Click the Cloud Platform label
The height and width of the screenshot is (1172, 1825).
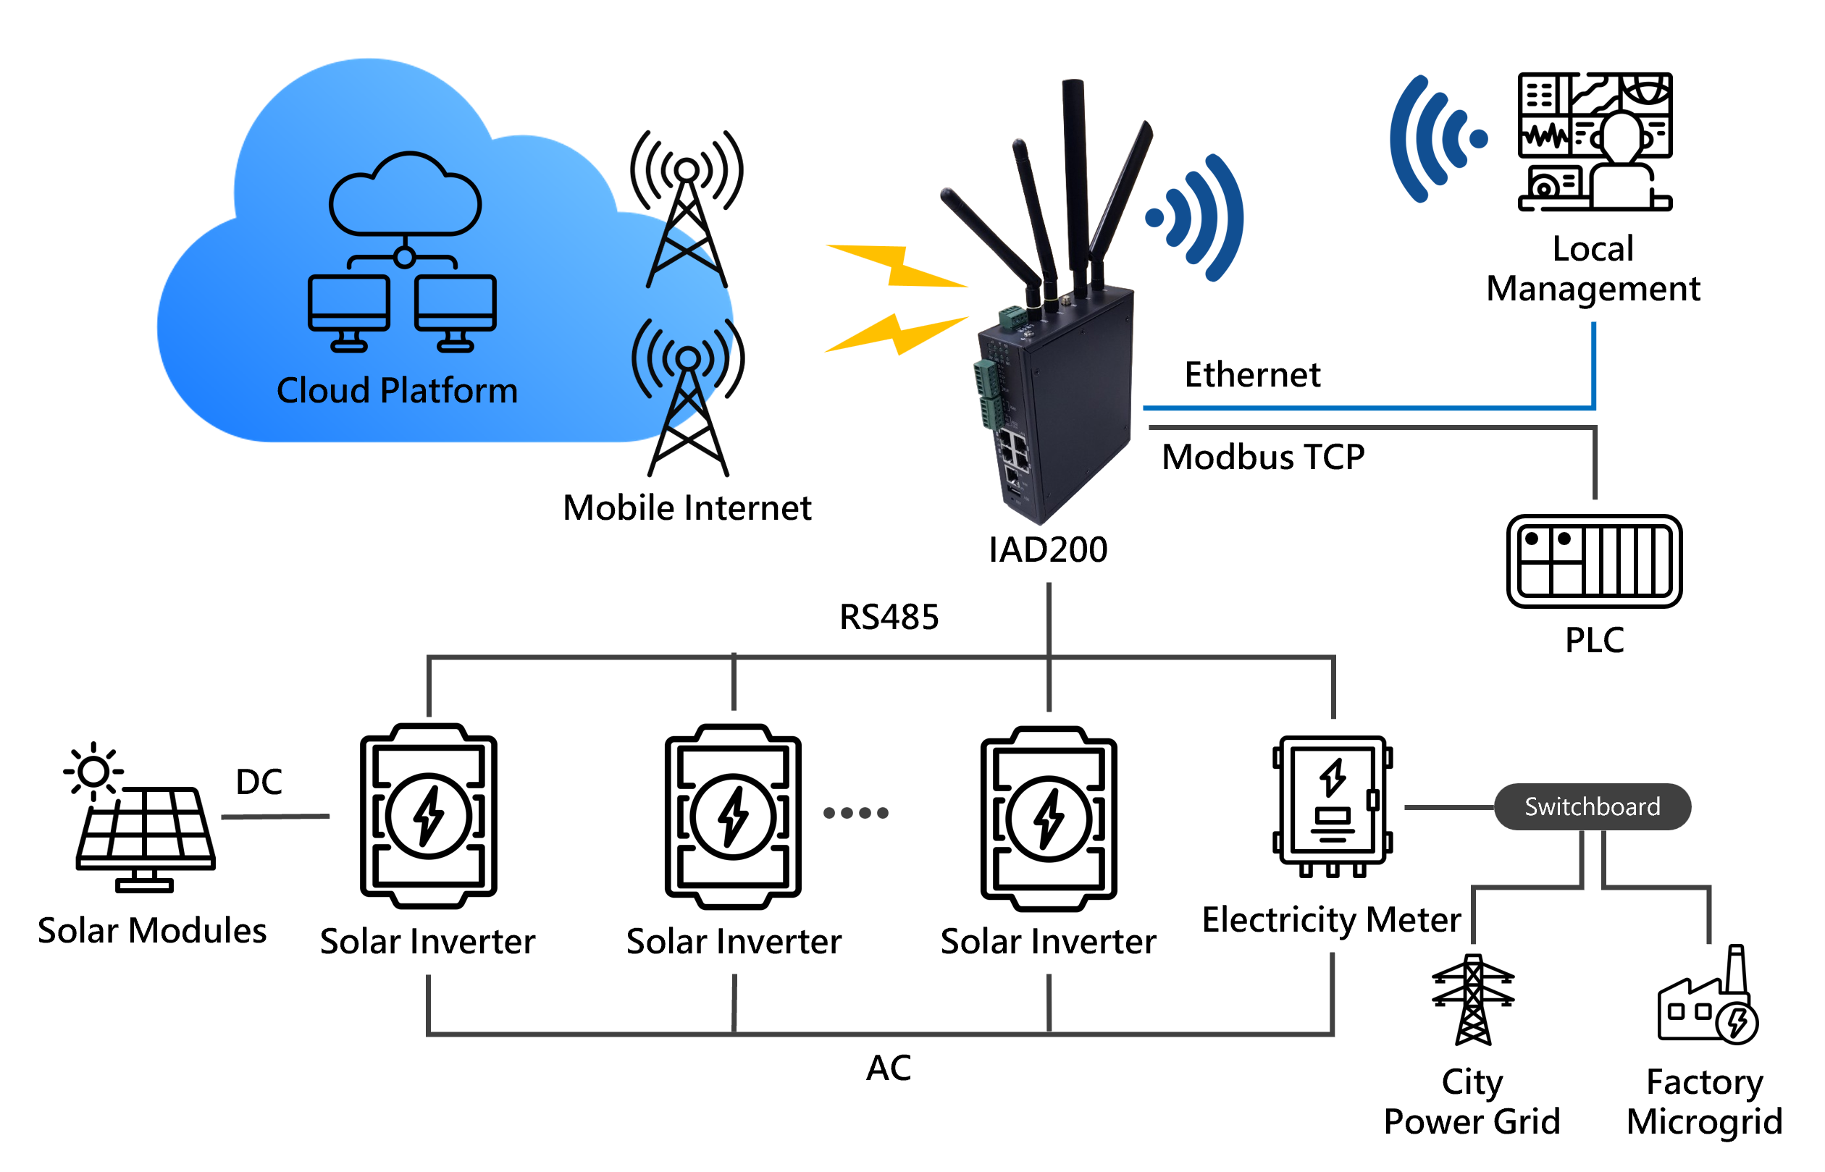click(x=397, y=390)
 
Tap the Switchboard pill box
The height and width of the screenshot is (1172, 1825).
click(x=1591, y=806)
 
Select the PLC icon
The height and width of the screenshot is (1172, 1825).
click(x=1593, y=561)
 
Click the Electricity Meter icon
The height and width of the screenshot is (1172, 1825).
click(x=1332, y=805)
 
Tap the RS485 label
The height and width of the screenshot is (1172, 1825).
click(x=889, y=617)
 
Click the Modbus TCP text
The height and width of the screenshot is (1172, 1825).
click(x=1263, y=458)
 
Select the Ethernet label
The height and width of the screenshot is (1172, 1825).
click(x=1252, y=374)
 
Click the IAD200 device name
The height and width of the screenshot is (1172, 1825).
click(x=1048, y=549)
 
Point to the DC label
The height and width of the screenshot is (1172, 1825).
click(x=259, y=782)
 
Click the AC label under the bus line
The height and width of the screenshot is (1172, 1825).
click(x=889, y=1068)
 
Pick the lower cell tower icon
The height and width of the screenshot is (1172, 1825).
click(x=687, y=397)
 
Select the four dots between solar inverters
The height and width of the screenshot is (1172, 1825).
click(x=856, y=813)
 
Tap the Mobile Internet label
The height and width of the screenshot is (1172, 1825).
click(x=687, y=507)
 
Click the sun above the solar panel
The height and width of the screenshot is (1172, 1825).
click(x=93, y=771)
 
